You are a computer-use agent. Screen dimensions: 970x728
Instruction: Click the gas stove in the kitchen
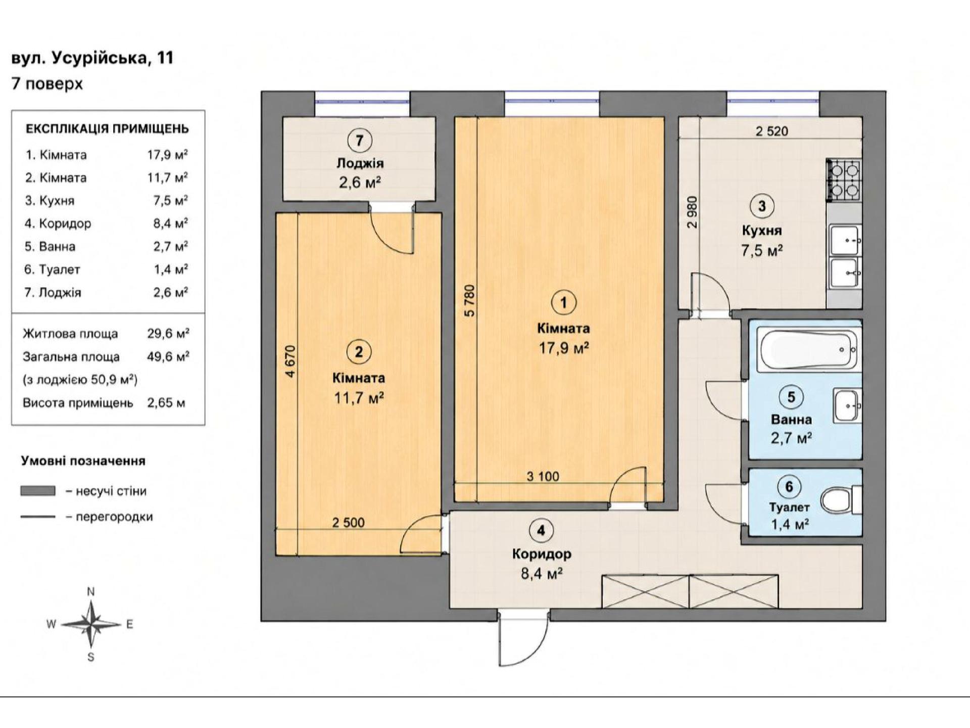pyautogui.click(x=844, y=179)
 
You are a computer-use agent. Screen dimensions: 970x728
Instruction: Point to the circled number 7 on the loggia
pyautogui.click(x=359, y=140)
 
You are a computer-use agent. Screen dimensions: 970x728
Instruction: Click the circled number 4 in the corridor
pyautogui.click(x=541, y=530)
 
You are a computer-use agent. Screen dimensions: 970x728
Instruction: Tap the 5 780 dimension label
pyautogui.click(x=470, y=301)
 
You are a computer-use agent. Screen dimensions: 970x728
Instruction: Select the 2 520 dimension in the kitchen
pyautogui.click(x=772, y=131)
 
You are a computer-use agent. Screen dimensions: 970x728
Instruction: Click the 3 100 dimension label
pyautogui.click(x=543, y=476)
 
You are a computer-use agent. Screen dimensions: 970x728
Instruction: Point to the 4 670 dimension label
pyautogui.click(x=290, y=361)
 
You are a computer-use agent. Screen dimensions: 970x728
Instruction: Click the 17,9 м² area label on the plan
pyautogui.click(x=564, y=348)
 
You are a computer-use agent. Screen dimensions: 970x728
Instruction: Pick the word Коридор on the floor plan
pyautogui.click(x=542, y=554)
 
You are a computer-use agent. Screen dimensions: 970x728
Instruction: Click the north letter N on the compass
pyautogui.click(x=91, y=591)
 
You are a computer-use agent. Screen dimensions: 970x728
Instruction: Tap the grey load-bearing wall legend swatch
pyautogui.click(x=38, y=490)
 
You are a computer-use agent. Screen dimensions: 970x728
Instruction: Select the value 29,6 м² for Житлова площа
pyautogui.click(x=168, y=334)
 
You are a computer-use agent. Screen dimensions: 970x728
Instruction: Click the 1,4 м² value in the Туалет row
pyautogui.click(x=171, y=269)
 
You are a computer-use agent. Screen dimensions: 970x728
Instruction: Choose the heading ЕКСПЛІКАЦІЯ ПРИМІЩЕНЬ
pyautogui.click(x=107, y=129)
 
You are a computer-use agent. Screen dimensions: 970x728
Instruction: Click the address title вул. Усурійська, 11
pyautogui.click(x=92, y=58)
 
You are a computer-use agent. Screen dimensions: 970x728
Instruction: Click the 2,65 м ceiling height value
pyautogui.click(x=166, y=403)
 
